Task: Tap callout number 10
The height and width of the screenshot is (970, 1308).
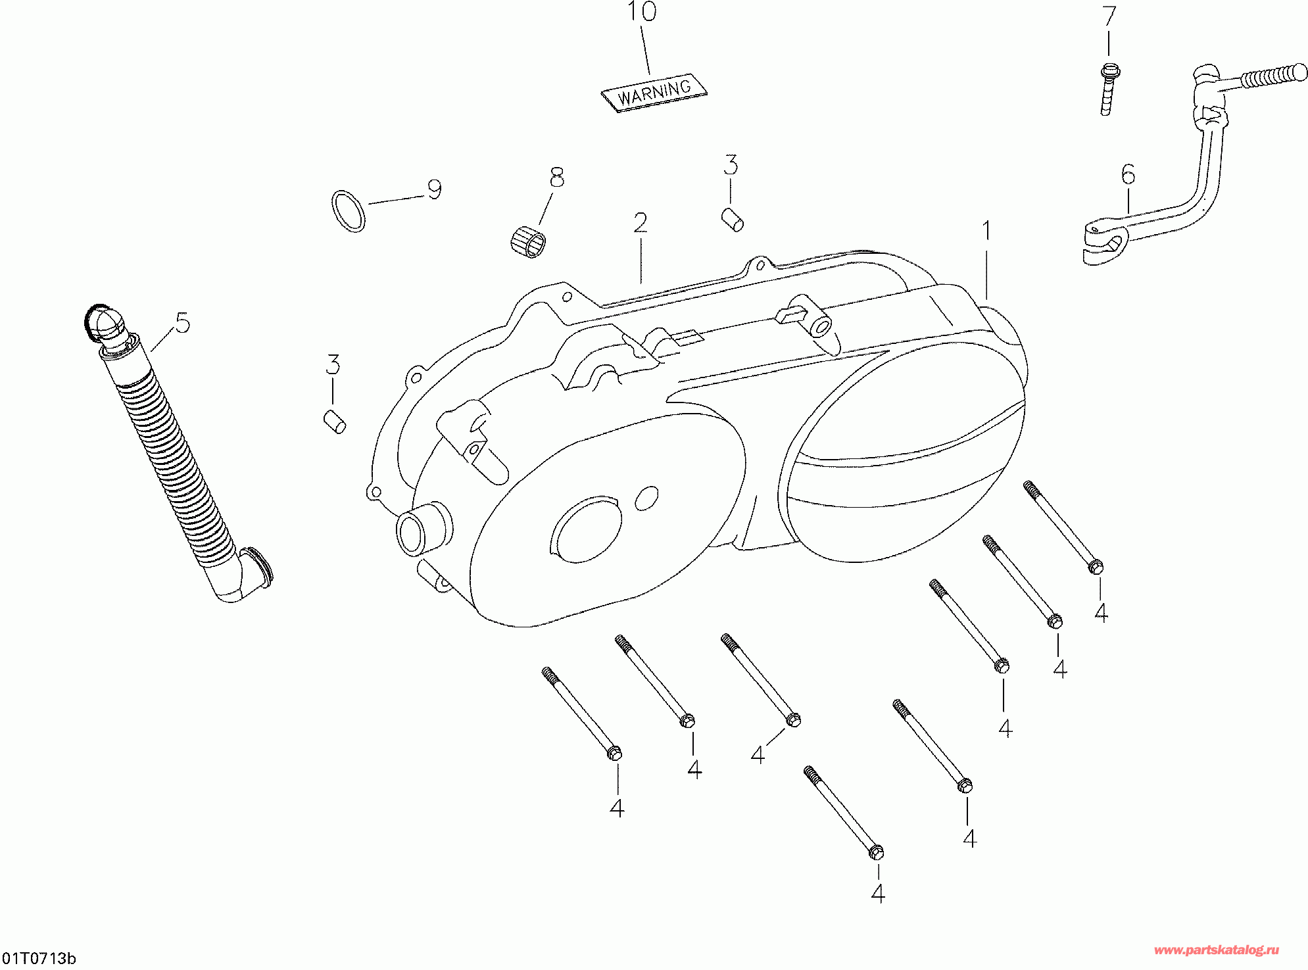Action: pyautogui.click(x=641, y=12)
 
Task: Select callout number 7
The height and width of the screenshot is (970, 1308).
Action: pyautogui.click(x=1109, y=16)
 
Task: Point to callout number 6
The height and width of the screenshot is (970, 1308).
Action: pyautogui.click(x=1128, y=175)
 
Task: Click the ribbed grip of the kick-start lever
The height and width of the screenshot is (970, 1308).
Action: pyautogui.click(x=1273, y=76)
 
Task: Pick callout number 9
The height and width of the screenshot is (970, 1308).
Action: pyautogui.click(x=434, y=189)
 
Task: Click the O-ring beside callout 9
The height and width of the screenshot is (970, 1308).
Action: pyautogui.click(x=348, y=211)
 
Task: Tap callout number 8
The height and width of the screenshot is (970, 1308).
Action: pyautogui.click(x=557, y=177)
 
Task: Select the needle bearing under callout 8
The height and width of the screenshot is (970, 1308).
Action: pyautogui.click(x=528, y=241)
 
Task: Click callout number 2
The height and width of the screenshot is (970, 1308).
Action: pyautogui.click(x=640, y=224)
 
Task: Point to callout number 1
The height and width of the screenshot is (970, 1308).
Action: pyautogui.click(x=986, y=231)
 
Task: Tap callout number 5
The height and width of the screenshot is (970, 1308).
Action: pyautogui.click(x=182, y=324)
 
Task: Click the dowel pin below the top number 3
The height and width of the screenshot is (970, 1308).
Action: pyautogui.click(x=733, y=219)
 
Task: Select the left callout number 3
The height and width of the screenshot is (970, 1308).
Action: pyautogui.click(x=333, y=365)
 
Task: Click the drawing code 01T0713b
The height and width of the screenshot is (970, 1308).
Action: pyautogui.click(x=39, y=958)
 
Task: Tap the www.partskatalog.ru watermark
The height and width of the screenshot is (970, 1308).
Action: pyautogui.click(x=1216, y=950)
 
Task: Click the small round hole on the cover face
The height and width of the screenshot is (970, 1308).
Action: pyautogui.click(x=646, y=498)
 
